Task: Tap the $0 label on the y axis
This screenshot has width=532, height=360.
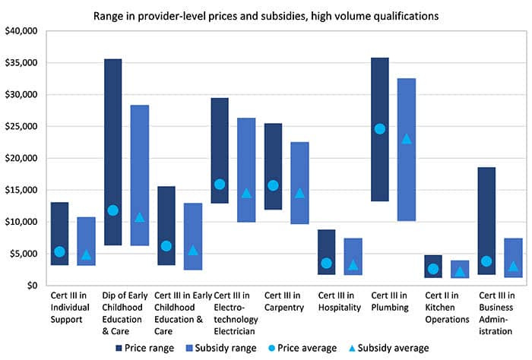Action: pyautogui.click(x=30, y=286)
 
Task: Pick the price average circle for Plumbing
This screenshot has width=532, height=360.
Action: pyautogui.click(x=379, y=128)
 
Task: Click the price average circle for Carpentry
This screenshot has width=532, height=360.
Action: pyautogui.click(x=273, y=185)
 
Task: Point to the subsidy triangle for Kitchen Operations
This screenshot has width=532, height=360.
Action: pyautogui.click(x=460, y=271)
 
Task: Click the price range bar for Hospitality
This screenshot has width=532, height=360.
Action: pyautogui.click(x=326, y=243)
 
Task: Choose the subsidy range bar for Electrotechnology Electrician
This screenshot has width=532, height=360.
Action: pyautogui.click(x=246, y=152)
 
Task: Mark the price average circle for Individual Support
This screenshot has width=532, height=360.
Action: pyautogui.click(x=59, y=252)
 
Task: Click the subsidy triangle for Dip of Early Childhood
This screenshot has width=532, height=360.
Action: pyautogui.click(x=139, y=217)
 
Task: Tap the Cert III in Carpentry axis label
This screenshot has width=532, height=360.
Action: pyautogui.click(x=285, y=302)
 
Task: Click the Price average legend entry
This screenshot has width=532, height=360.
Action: pyautogui.click(x=303, y=348)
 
